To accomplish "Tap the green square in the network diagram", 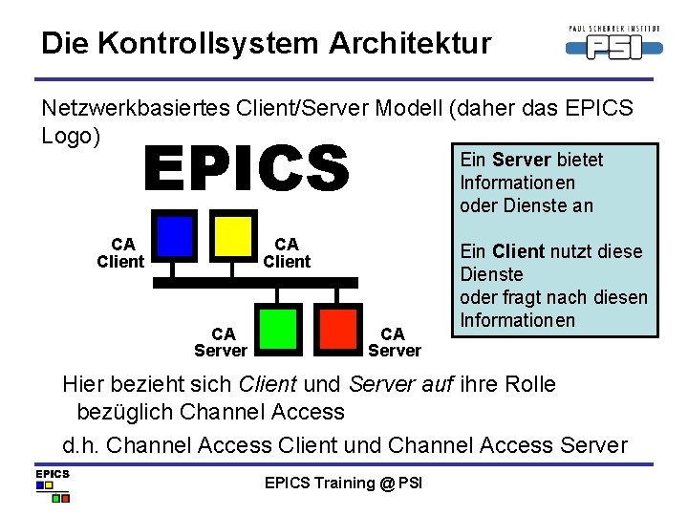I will pyautogui.click(x=278, y=328).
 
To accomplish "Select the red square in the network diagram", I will pyautogui.click(x=337, y=328).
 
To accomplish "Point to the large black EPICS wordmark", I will pyautogui.click(x=247, y=168).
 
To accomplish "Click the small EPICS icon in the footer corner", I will pyautogui.click(x=53, y=484).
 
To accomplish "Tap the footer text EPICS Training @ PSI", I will pyautogui.click(x=343, y=483).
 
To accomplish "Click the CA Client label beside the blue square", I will pyautogui.click(x=120, y=253).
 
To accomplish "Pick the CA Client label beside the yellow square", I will pyautogui.click(x=287, y=253).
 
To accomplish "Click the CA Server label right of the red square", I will pyautogui.click(x=394, y=341).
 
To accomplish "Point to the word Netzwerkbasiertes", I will pyautogui.click(x=132, y=109).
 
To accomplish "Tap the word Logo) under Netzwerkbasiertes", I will pyautogui.click(x=71, y=136).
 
